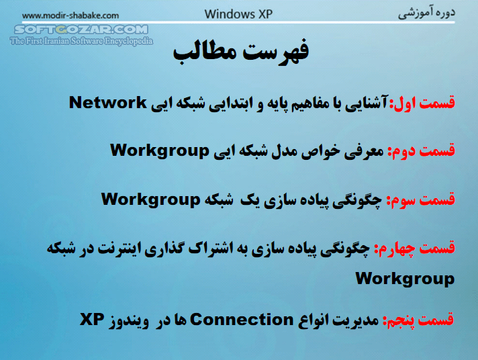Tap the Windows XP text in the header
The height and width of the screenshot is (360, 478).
tap(238, 13)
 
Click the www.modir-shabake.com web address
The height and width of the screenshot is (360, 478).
tap(61, 15)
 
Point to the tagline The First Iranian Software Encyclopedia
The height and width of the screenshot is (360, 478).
tap(81, 42)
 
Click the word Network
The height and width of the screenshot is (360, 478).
tap(108, 103)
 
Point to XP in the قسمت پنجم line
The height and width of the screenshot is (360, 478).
tap(94, 320)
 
